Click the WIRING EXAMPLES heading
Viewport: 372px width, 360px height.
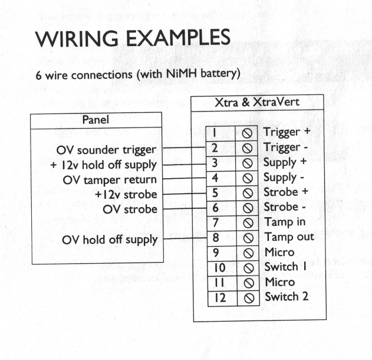pos(132,39)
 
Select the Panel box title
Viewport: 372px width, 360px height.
pos(97,120)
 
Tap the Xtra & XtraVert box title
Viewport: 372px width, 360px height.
pos(258,102)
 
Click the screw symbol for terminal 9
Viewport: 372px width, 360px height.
pos(248,253)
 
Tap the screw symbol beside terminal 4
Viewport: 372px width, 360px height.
pos(248,178)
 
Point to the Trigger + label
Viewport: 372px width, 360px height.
pos(287,131)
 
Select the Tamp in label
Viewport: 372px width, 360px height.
pos(284,222)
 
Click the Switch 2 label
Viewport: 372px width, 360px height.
pos(286,296)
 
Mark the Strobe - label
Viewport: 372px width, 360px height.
pos(285,207)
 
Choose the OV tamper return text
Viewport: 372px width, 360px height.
pos(110,179)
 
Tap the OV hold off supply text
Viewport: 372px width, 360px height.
pos(111,240)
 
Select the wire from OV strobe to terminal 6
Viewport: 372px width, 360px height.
pos(185,208)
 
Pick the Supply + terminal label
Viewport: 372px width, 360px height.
pos(285,162)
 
